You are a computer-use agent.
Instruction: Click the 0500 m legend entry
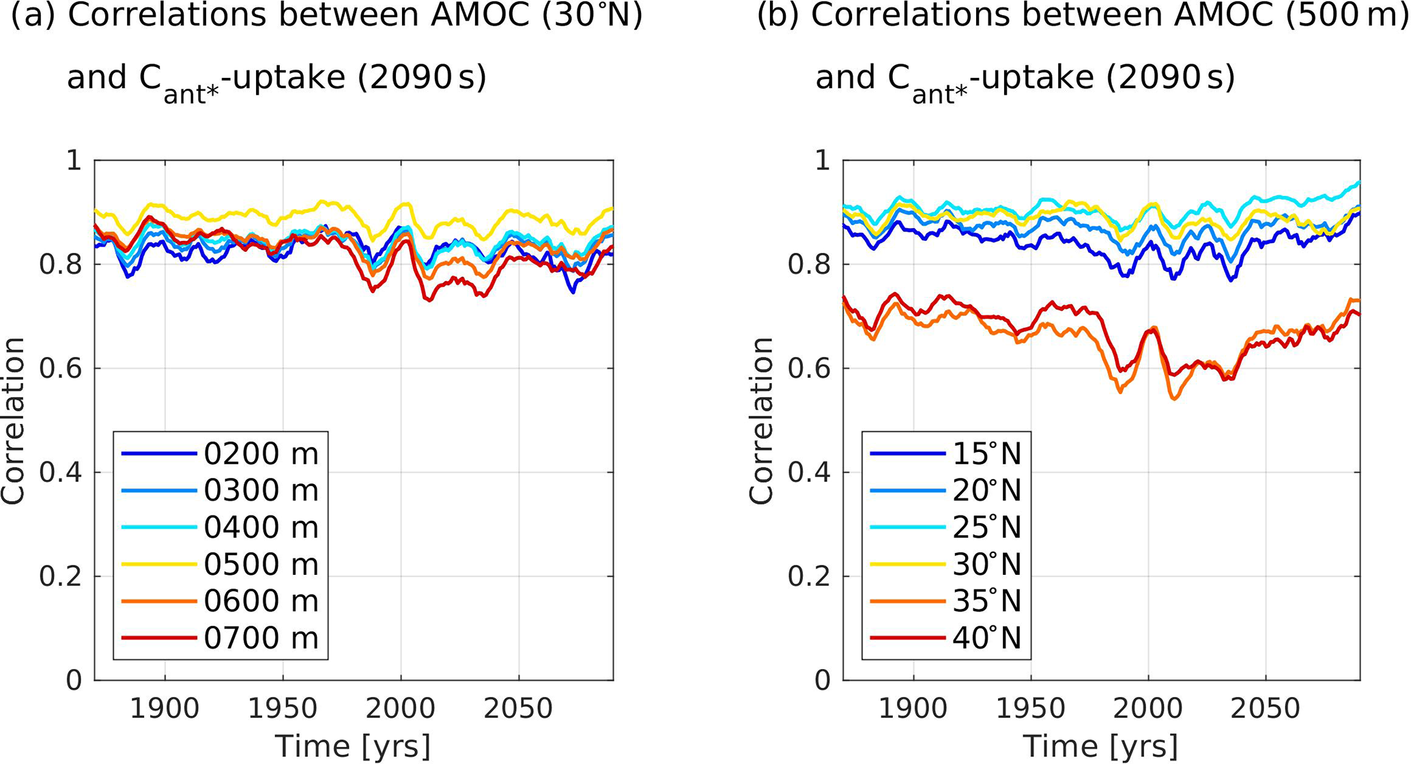(x=261, y=565)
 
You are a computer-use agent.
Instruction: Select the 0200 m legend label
(x=261, y=454)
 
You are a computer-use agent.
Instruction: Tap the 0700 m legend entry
(x=261, y=638)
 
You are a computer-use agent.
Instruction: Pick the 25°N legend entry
(x=986, y=528)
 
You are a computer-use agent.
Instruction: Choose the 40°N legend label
(x=986, y=638)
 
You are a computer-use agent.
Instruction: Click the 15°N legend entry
(x=986, y=454)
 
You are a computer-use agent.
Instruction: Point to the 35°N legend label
(x=986, y=602)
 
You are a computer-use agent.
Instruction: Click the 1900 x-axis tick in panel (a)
(x=165, y=709)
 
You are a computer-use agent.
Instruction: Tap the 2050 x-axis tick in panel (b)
(x=1266, y=709)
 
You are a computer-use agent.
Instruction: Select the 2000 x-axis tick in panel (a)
(x=401, y=709)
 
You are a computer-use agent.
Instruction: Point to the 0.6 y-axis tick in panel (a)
(x=60, y=369)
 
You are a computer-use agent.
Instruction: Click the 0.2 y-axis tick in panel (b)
(x=809, y=577)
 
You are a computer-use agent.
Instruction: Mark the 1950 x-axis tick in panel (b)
(x=1030, y=709)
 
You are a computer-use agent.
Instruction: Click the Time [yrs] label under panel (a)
(x=353, y=746)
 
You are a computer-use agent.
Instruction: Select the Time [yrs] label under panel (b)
(x=1101, y=746)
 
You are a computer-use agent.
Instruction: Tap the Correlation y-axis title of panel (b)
(x=761, y=421)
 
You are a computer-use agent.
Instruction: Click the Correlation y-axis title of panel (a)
(x=13, y=421)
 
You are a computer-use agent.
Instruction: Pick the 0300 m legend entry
(x=261, y=491)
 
